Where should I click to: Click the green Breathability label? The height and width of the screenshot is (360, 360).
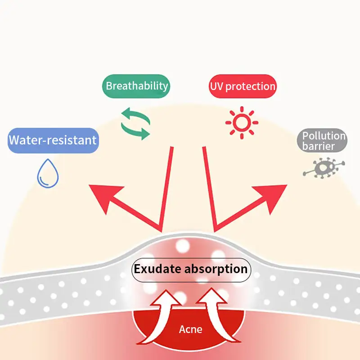(x=137, y=85)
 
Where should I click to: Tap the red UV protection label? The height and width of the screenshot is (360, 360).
(x=243, y=86)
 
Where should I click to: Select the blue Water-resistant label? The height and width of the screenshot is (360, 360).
(x=53, y=139)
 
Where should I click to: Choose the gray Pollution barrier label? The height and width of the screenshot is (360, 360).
(x=322, y=140)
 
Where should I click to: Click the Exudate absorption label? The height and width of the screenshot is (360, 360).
(x=190, y=270)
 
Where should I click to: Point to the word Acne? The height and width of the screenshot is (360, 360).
(x=190, y=329)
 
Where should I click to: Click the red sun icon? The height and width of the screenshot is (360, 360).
(x=242, y=122)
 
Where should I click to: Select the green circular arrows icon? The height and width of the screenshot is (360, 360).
(x=135, y=122)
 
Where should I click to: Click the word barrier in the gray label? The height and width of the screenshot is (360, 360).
(x=319, y=146)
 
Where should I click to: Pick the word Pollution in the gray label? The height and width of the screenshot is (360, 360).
(x=324, y=135)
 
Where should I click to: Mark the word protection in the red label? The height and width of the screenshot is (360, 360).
(x=250, y=86)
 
